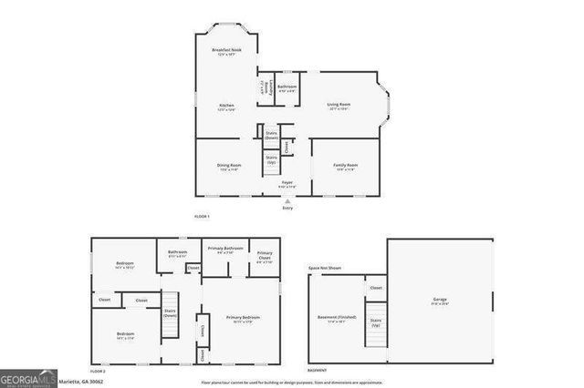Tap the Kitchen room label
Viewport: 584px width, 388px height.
pos(226,106)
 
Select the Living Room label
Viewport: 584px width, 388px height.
pos(339,106)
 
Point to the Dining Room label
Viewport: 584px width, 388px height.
pos(229,166)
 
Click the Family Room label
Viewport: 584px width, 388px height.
pos(345,166)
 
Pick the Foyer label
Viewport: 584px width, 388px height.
pos(287,184)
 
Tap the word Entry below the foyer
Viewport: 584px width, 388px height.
pos(287,208)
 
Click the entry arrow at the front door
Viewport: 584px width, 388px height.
pos(287,200)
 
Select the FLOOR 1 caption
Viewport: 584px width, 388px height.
pos(202,216)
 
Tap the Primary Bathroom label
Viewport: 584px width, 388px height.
pos(224,249)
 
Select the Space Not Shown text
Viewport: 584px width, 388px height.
pos(324,269)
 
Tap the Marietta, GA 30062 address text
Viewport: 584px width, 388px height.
pos(88,383)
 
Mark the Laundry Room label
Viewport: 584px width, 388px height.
pos(263,88)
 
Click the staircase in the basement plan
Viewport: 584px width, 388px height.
pos(374,327)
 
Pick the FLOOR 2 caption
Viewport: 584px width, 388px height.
pos(99,371)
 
